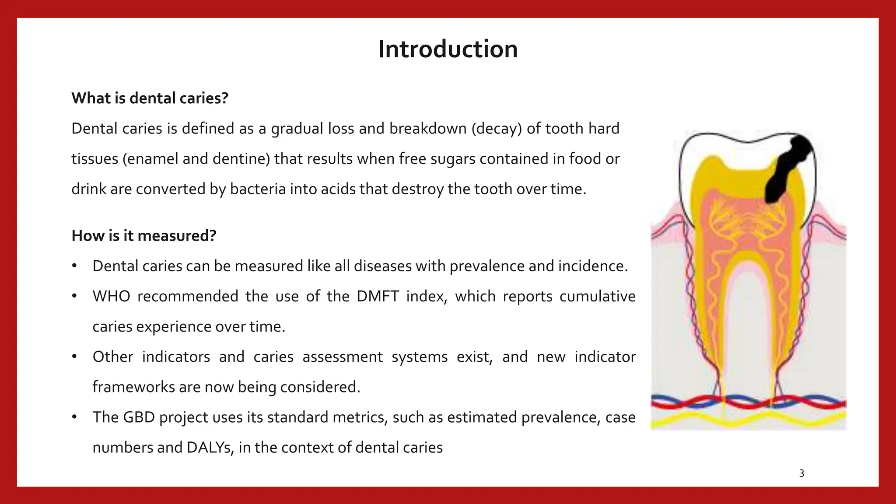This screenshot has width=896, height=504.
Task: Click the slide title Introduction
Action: [448, 49]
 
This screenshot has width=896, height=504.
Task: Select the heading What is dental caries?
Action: [150, 98]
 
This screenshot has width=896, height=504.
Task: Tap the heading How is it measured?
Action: [144, 236]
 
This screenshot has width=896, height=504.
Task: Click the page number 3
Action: [801, 473]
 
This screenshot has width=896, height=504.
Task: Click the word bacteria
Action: [257, 189]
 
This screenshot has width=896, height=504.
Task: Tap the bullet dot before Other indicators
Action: [74, 357]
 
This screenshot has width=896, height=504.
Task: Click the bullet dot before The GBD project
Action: [74, 417]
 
